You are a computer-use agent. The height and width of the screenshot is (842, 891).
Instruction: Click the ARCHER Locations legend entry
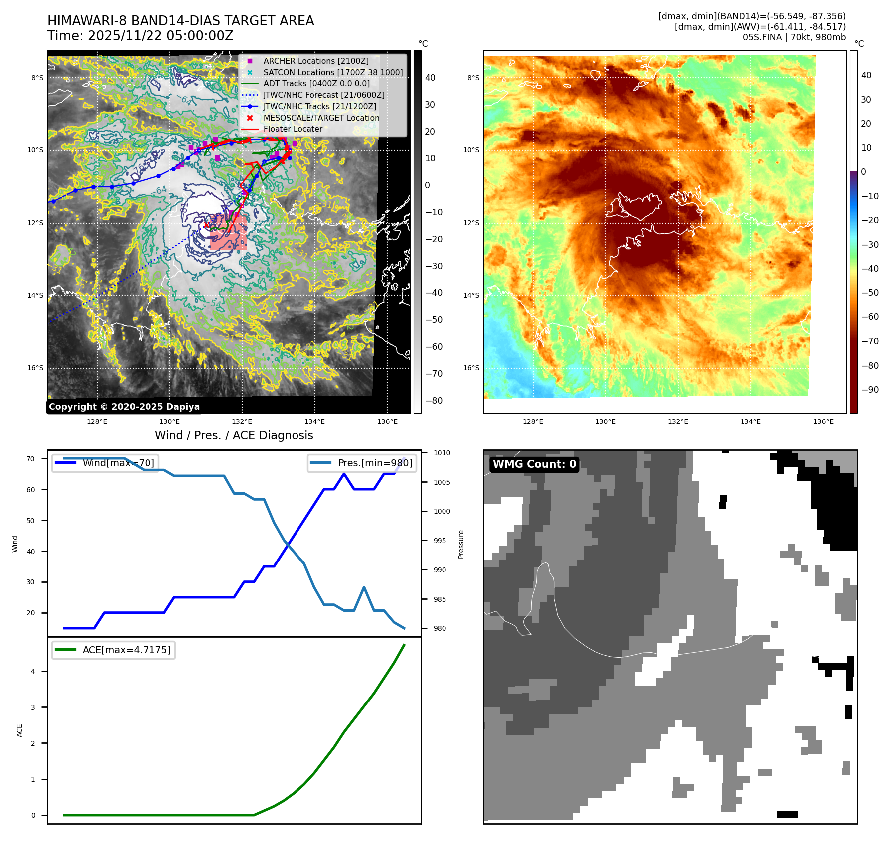pos(316,61)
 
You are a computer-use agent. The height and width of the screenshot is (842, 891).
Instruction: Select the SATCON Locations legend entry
pos(333,72)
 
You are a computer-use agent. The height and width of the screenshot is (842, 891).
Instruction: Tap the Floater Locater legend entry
pos(293,129)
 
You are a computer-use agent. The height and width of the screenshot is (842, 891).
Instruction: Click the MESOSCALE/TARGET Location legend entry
pos(321,118)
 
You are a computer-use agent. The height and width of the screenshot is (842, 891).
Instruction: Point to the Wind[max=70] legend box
pos(106,463)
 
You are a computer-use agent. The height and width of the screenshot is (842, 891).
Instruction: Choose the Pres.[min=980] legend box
pos(362,463)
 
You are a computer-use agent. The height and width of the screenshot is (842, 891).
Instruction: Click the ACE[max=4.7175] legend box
pos(114,650)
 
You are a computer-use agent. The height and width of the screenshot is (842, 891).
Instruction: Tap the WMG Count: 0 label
pos(534,464)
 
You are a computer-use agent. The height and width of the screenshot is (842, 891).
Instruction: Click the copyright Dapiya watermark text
pos(124,407)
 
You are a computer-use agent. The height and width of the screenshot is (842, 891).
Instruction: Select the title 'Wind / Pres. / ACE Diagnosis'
pos(234,435)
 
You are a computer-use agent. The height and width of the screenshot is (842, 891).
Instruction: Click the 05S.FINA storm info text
pos(794,37)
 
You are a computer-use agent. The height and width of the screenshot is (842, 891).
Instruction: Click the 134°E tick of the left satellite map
pos(315,421)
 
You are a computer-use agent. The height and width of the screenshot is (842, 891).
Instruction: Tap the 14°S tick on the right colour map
pos(471,295)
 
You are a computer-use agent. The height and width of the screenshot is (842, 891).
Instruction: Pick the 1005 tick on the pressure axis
pos(442,482)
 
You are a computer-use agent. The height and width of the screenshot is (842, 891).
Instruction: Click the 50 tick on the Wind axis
pos(31,521)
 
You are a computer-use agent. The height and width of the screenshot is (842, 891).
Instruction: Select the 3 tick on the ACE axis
pos(33,707)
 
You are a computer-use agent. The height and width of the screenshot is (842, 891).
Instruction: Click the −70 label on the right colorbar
pos(870,341)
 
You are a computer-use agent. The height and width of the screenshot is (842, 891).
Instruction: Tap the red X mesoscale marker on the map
pos(206,225)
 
